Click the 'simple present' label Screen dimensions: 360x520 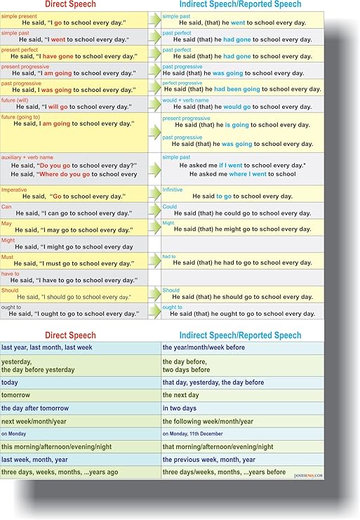pos(18,15)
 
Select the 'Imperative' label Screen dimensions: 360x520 pos(15,189)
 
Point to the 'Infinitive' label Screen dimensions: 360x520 pos(173,189)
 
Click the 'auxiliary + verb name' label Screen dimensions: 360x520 pos(22,157)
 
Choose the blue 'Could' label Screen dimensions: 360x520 pos(171,206)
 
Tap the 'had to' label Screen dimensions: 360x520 pos(169,257)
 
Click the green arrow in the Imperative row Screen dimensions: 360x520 pos(154,194)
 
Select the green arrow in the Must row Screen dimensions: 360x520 pos(154,261)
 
